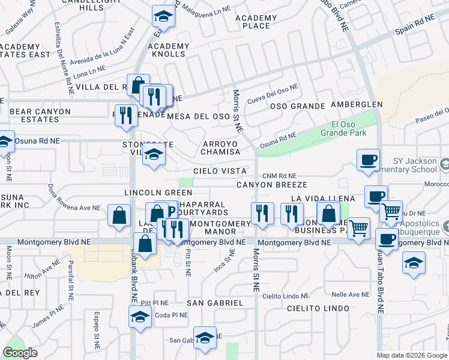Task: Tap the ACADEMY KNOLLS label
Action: pos(168,50)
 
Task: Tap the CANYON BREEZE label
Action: pos(271,185)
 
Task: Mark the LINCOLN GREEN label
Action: pos(158,193)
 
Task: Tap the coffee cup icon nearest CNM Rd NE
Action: pos(367,160)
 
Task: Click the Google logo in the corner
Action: pos(20,353)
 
